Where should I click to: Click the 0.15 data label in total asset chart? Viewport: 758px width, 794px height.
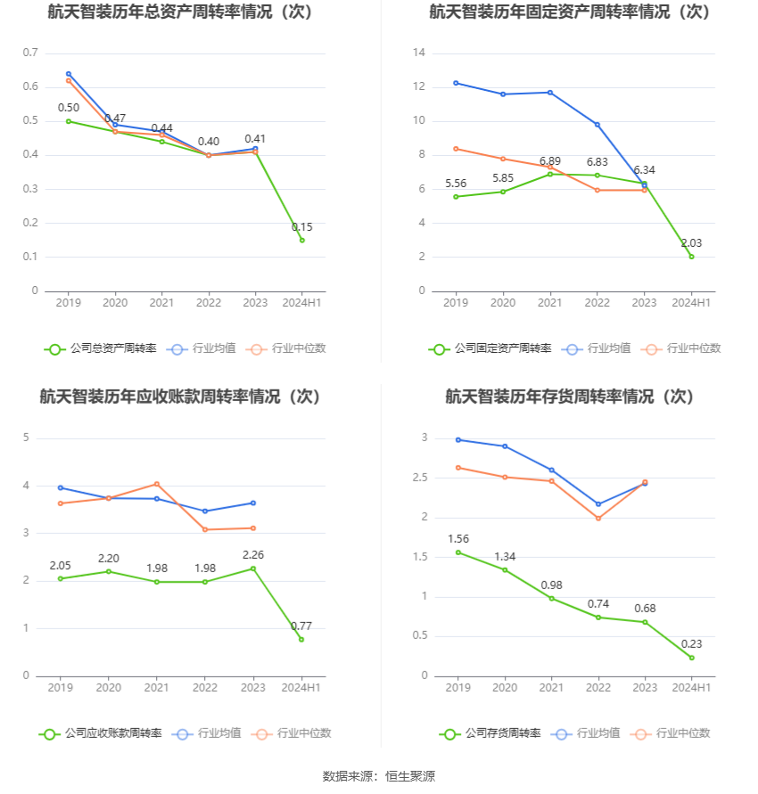(x=301, y=227)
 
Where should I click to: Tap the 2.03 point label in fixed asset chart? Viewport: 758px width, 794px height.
(x=691, y=243)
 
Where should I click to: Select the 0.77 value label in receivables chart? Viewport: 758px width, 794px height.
(x=301, y=626)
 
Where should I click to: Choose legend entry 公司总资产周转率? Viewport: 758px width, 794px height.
(x=100, y=348)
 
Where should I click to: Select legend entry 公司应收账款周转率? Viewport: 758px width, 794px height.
(x=100, y=733)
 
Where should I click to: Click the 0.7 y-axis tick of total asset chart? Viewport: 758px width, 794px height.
(x=30, y=53)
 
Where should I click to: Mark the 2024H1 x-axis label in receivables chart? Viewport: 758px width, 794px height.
(x=301, y=688)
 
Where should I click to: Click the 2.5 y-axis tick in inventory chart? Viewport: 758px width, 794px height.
(x=419, y=478)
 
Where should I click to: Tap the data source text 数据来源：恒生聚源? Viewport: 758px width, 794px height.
(x=378, y=776)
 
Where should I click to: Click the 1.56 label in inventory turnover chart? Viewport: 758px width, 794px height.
(x=457, y=539)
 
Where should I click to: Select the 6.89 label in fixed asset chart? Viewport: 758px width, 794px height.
(x=550, y=161)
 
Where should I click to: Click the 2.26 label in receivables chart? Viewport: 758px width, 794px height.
(x=253, y=555)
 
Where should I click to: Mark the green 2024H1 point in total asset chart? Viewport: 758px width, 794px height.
(x=301, y=240)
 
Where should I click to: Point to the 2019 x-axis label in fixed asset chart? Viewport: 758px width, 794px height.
(x=456, y=303)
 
